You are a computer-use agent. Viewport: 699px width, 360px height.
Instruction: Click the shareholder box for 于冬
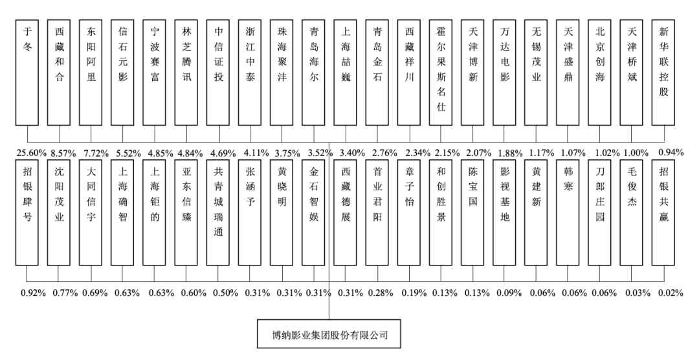point(27,73)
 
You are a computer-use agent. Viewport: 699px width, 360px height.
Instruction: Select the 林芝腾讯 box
point(186,73)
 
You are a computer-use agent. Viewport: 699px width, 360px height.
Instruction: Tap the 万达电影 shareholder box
point(504,73)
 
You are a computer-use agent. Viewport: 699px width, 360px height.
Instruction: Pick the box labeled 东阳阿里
point(91,73)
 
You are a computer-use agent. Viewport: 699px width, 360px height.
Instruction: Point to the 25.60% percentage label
point(32,153)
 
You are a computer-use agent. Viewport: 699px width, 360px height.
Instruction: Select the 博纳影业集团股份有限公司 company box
point(329,333)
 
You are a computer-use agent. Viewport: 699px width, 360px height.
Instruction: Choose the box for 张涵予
point(250,212)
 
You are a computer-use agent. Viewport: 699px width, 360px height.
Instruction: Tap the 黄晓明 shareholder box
point(282,212)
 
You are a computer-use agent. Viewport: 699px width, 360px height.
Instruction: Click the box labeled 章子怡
point(409,212)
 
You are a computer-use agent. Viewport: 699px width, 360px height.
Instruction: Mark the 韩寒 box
point(568,212)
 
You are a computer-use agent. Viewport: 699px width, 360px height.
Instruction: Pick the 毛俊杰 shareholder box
point(632,212)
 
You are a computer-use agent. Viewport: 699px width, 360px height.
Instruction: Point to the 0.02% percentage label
point(671,293)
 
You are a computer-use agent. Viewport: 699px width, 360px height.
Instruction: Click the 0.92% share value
point(34,293)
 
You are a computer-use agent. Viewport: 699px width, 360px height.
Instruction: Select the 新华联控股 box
point(663,73)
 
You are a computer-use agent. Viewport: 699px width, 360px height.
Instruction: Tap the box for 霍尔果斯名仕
point(441,73)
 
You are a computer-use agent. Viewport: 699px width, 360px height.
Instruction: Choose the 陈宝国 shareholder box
point(472,212)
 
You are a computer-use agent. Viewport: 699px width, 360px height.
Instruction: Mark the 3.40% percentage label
point(353,153)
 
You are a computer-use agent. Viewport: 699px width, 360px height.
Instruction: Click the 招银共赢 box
point(663,212)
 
